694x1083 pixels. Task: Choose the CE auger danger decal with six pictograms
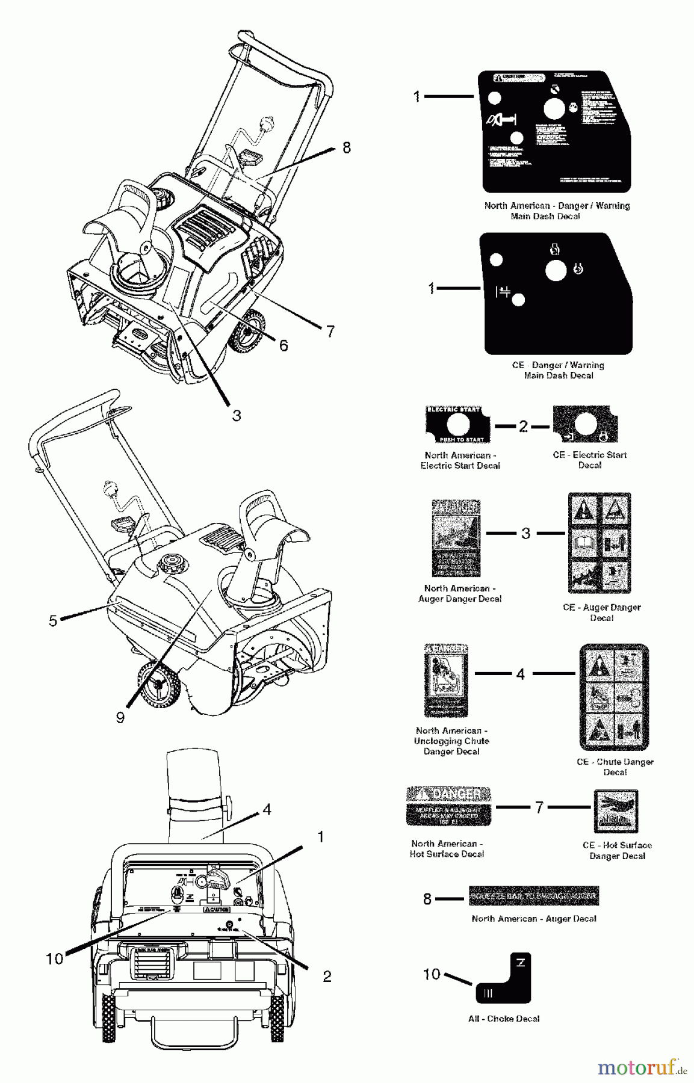click(x=600, y=543)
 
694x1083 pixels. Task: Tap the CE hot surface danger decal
click(x=616, y=810)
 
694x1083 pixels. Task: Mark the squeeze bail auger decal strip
click(x=533, y=896)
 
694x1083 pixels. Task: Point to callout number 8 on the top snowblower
click(x=347, y=148)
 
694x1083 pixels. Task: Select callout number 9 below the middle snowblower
click(x=120, y=717)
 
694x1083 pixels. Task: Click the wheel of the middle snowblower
click(x=158, y=684)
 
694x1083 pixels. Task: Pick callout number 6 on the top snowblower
click(x=283, y=345)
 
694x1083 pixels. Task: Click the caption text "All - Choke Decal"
click(x=504, y=1019)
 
